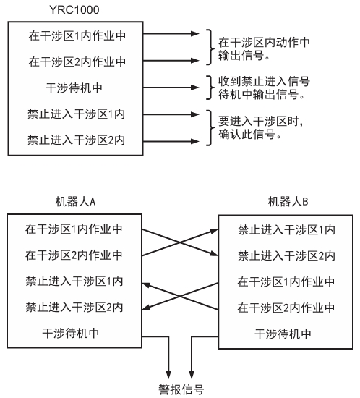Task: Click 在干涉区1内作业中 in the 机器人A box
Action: tap(74, 229)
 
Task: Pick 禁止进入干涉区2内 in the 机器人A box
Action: tap(74, 307)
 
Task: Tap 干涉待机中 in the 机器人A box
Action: tap(74, 333)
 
